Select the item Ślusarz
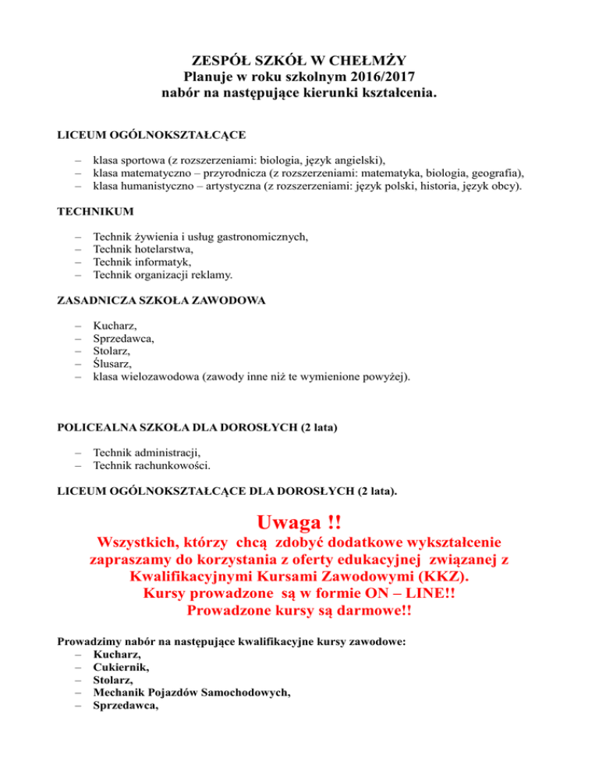point(112,364)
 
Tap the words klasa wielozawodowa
point(141,376)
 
